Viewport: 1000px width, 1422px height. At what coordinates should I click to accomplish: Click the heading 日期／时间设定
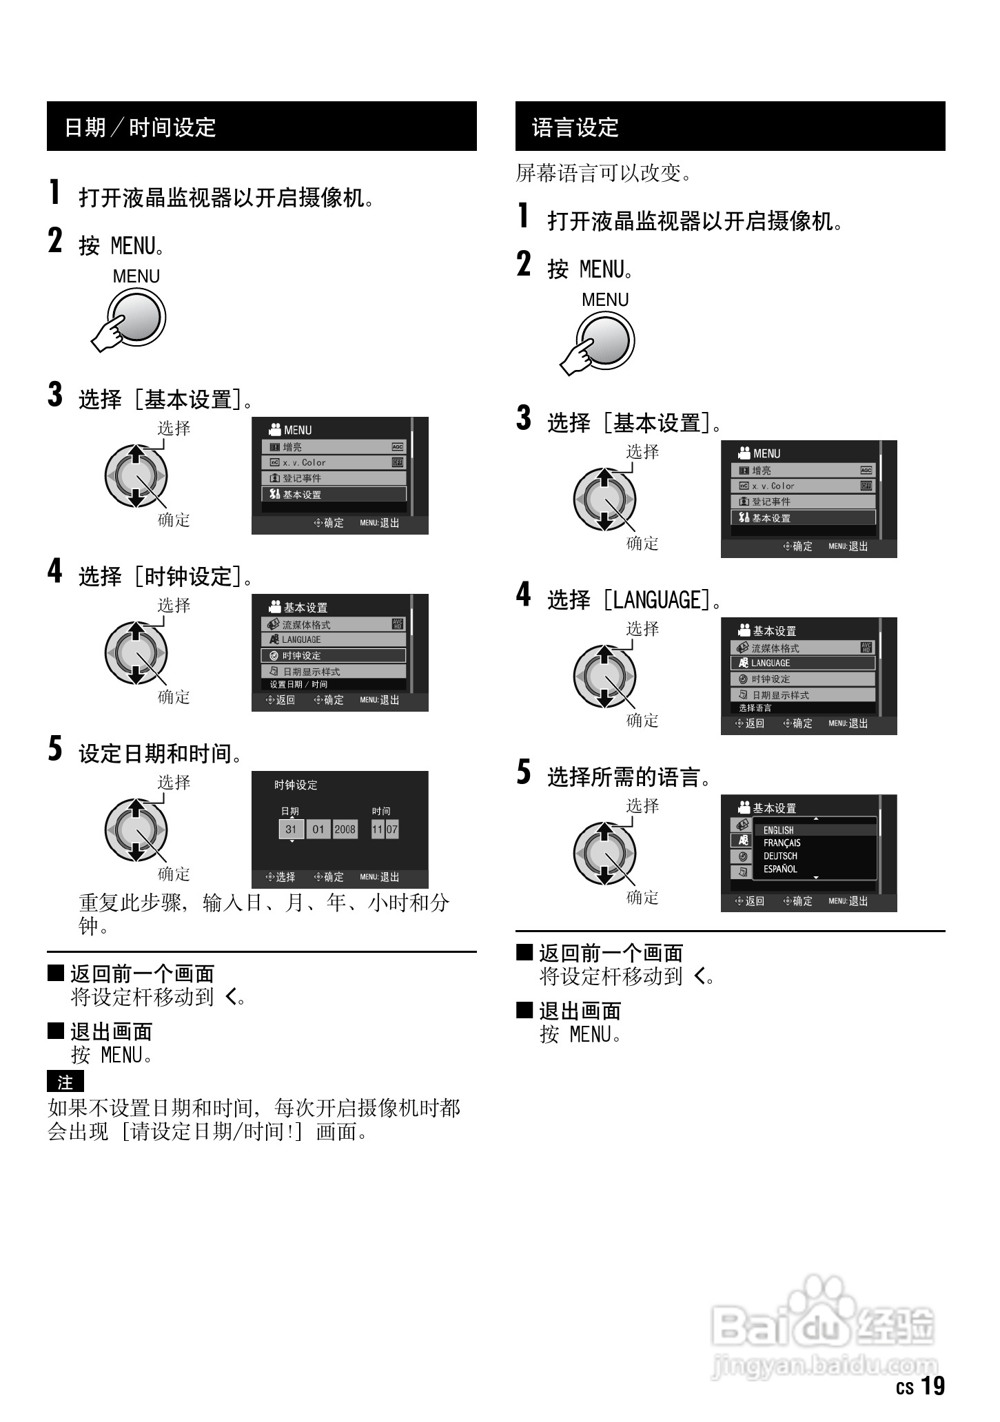point(140,127)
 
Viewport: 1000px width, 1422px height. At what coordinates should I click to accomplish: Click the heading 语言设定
point(575,127)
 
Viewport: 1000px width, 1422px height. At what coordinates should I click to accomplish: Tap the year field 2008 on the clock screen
point(345,829)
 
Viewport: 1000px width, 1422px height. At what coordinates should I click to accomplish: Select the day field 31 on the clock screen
point(291,829)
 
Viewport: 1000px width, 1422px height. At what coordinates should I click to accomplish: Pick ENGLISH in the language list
point(779,830)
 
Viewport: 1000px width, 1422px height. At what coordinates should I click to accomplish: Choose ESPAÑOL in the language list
point(780,869)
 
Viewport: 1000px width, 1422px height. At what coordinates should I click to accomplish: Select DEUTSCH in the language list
point(780,856)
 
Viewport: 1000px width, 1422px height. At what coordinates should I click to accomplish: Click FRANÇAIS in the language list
point(782,843)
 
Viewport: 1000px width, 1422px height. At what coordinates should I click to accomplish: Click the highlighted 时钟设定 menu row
point(334,656)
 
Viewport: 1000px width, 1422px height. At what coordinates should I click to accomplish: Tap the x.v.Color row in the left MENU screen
point(334,463)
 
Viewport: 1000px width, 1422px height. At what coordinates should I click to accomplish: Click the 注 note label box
point(65,1082)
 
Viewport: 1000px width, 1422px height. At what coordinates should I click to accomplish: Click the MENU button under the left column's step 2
point(138,318)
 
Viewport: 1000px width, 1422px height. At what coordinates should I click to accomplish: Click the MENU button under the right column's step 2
point(606,341)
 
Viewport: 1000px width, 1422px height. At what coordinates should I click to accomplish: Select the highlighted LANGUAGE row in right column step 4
point(803,663)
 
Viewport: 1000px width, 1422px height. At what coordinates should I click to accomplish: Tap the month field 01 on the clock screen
point(318,829)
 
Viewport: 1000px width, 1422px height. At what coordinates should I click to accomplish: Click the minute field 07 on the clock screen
point(392,829)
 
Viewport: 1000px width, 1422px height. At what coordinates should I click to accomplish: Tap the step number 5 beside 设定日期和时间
point(55,750)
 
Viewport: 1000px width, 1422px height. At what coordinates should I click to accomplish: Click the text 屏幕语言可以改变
point(603,173)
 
